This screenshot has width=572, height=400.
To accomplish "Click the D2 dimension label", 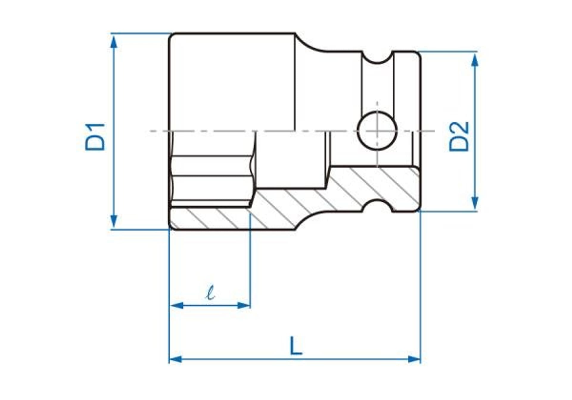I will [x=459, y=137].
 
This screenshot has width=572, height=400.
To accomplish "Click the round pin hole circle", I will [x=377, y=130].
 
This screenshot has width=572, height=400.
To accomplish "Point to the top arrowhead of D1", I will [x=114, y=42].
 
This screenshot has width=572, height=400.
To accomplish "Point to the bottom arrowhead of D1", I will [x=114, y=222].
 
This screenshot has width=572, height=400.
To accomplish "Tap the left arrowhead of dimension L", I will [x=175, y=359].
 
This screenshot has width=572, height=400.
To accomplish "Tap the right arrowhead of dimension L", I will [x=414, y=359].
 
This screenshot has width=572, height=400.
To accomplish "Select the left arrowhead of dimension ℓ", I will [x=176, y=305].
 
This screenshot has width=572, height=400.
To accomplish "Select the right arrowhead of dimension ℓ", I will [x=243, y=305].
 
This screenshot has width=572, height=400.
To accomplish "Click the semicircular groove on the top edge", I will [x=377, y=58].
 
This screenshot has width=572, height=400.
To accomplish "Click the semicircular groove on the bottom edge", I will [x=377, y=205].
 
